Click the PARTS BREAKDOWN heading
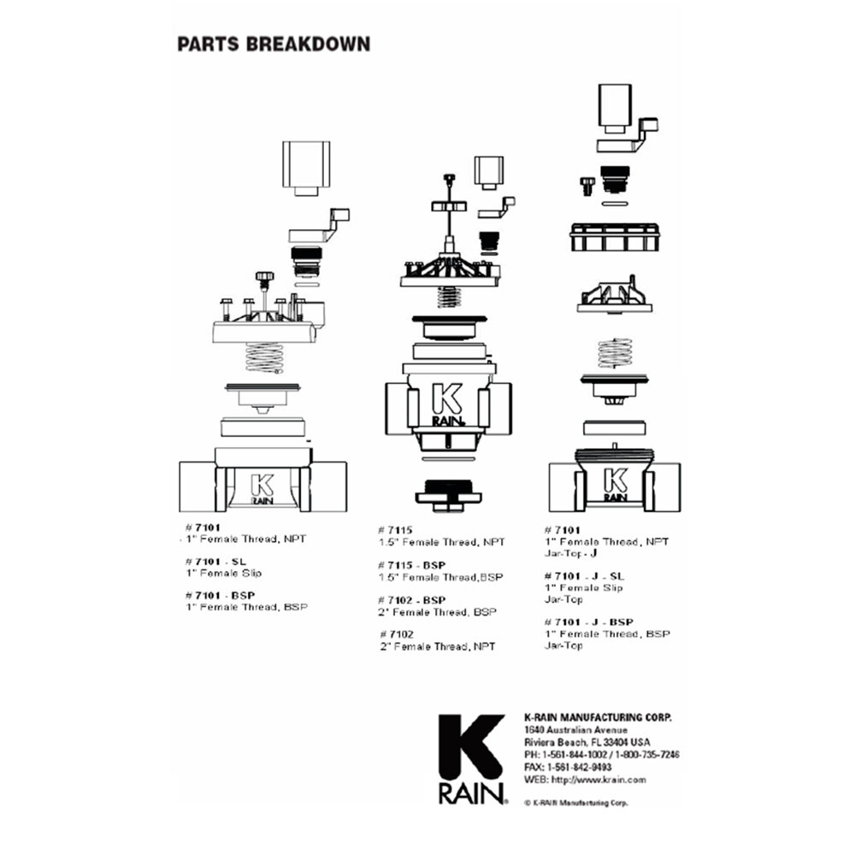pos(274,44)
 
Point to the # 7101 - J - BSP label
pos(588,622)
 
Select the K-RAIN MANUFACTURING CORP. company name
pos(597,717)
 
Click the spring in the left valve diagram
pos(264,357)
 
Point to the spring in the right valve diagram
pos(615,352)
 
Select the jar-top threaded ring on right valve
pos(615,235)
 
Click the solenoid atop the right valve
pos(615,108)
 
